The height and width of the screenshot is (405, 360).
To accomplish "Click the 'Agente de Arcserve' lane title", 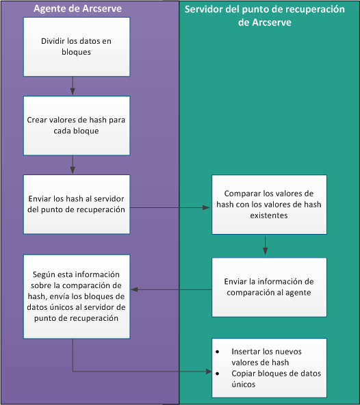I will click(x=76, y=8).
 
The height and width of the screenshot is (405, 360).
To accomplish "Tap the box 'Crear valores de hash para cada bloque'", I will click(x=76, y=125).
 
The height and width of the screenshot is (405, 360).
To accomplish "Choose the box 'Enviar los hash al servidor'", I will click(x=76, y=204).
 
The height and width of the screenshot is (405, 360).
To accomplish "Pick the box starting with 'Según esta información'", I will click(x=76, y=296).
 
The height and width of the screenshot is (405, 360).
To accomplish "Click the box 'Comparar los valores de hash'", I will click(x=269, y=204).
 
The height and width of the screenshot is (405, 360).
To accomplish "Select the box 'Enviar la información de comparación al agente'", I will click(x=269, y=287).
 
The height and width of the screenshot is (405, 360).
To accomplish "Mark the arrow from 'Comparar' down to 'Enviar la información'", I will click(x=265, y=245).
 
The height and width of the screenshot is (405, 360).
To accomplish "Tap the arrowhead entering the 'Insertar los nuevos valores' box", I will click(x=207, y=371).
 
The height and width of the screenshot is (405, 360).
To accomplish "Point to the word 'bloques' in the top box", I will click(x=76, y=51).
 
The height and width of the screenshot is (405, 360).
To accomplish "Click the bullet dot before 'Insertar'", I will click(x=218, y=352).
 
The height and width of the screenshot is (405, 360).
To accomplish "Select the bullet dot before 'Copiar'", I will click(x=218, y=374).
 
